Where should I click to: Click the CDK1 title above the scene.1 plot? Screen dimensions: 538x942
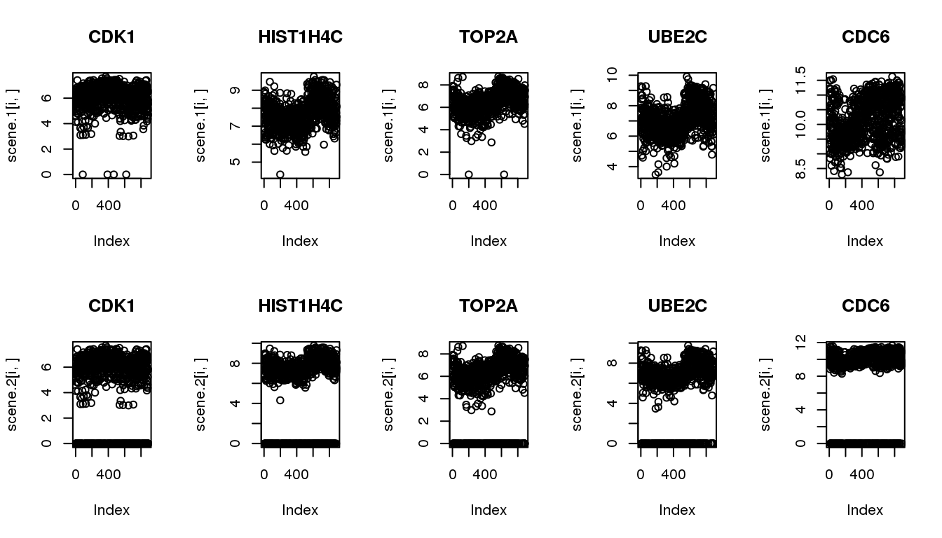point(111,38)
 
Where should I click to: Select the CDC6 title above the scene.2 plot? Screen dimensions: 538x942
point(865,306)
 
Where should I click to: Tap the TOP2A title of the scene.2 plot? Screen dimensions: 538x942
point(489,306)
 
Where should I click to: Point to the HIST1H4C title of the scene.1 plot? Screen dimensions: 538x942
point(300,38)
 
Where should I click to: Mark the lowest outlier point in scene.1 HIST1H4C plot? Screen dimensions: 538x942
point(280,174)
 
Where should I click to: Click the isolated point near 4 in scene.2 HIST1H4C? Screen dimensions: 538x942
point(280,401)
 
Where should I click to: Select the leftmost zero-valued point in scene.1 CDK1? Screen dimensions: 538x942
point(83,174)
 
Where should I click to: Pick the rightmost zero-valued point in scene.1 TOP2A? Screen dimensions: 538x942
point(504,174)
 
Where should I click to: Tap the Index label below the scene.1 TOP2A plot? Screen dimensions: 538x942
point(489,241)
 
